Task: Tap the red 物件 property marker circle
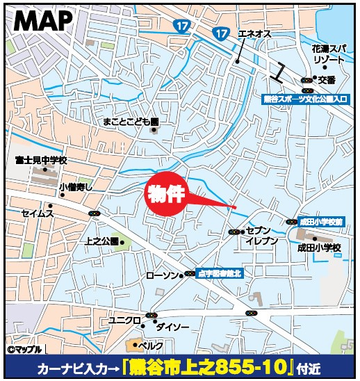167,193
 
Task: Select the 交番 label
327,80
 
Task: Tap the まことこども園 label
130,121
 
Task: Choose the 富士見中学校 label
40,160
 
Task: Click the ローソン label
162,276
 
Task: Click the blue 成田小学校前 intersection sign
321,221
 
